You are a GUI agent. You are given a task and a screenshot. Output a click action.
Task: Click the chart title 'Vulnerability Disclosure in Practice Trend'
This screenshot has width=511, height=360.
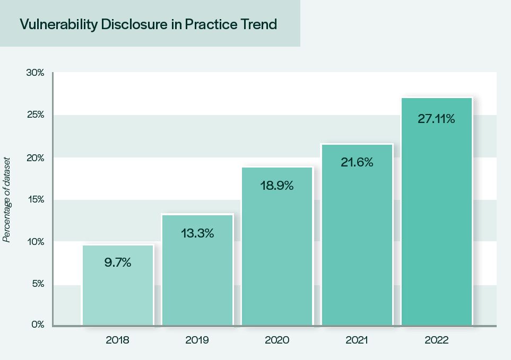[x=148, y=24]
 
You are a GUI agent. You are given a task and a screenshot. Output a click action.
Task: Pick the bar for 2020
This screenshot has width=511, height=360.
[x=277, y=254]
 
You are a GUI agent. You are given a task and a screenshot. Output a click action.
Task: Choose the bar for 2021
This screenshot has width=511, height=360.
[x=357, y=244]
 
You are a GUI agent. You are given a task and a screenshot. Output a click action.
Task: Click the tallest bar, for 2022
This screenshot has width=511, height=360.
[x=437, y=223]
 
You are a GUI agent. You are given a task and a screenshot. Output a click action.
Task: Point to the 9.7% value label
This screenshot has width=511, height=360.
[x=117, y=262]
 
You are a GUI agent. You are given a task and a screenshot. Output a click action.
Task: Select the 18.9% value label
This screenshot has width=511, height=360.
[x=277, y=186]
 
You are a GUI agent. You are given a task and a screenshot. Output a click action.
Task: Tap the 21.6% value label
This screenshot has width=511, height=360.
[x=357, y=163]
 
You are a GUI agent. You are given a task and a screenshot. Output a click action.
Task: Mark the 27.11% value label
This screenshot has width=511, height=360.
[x=437, y=119]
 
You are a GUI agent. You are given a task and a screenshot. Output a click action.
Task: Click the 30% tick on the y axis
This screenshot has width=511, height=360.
[x=35, y=73]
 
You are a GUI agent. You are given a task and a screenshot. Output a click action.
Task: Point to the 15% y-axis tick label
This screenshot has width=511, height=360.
[x=35, y=199]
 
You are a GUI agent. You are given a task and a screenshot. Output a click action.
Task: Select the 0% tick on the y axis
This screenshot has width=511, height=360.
[x=37, y=324]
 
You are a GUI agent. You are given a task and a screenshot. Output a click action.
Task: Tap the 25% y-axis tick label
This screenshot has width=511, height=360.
[x=35, y=115]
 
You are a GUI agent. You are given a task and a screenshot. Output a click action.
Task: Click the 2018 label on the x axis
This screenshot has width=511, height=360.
[x=117, y=340]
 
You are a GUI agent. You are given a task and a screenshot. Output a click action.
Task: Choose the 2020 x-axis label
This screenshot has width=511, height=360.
[x=277, y=340]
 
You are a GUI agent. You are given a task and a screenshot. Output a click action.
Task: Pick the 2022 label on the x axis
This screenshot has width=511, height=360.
[x=437, y=340]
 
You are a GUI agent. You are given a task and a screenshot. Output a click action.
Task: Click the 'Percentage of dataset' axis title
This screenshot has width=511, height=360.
[x=7, y=199]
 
